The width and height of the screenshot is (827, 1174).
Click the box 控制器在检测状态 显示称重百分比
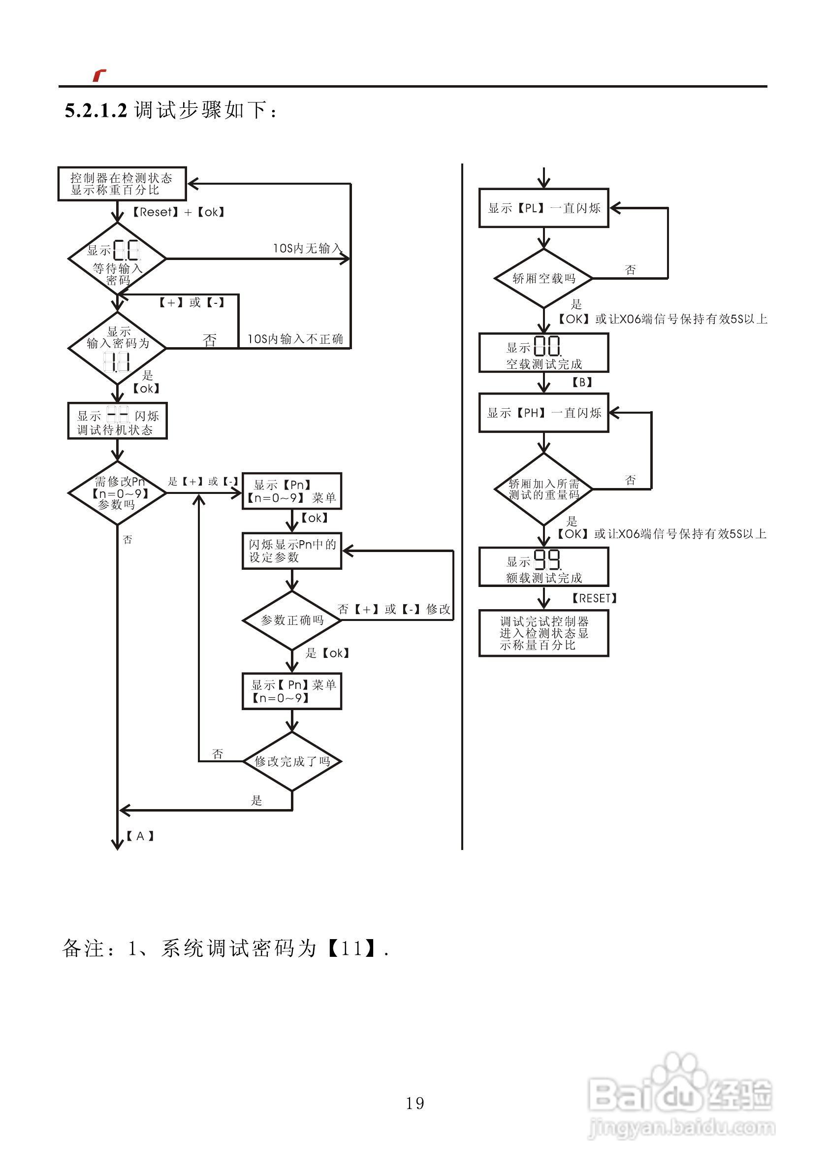(x=122, y=184)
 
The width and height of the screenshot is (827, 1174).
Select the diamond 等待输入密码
(x=117, y=259)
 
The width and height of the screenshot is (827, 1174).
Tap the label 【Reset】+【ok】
(x=178, y=212)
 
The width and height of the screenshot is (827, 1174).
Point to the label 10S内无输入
(x=307, y=249)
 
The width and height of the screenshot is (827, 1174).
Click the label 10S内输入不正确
(x=295, y=339)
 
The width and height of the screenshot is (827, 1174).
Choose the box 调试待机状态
(x=117, y=421)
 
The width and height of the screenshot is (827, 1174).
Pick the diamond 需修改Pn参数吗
(x=117, y=493)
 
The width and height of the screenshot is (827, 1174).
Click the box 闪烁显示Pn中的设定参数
(x=291, y=551)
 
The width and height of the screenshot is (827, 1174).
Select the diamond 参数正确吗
(x=291, y=620)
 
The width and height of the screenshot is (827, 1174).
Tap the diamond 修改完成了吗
(x=291, y=761)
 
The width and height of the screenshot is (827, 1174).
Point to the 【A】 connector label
(x=140, y=836)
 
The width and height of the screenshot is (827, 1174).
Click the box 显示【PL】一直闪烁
(x=543, y=208)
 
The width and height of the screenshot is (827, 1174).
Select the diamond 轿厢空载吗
(x=543, y=279)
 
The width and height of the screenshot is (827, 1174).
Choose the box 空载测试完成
(x=543, y=353)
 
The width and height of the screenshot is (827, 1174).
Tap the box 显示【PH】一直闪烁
(x=543, y=413)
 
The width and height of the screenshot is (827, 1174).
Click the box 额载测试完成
(x=543, y=566)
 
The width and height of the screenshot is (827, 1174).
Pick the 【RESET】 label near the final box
(x=594, y=598)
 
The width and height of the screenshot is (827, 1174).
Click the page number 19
(x=414, y=1104)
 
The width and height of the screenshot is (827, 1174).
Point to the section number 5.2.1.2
(x=95, y=110)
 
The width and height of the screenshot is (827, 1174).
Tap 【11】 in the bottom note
(x=351, y=949)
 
